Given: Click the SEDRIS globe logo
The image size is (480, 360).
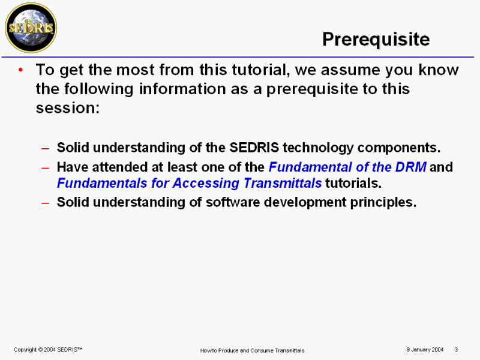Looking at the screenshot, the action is pyautogui.click(x=31, y=28).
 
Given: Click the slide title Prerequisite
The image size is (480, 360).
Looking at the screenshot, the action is pyautogui.click(x=376, y=40).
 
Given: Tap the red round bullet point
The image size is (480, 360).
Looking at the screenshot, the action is pyautogui.click(x=20, y=70).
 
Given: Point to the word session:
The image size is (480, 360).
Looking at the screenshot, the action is pyautogui.click(x=68, y=108).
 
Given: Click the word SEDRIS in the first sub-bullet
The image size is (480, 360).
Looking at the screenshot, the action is pyautogui.click(x=254, y=148).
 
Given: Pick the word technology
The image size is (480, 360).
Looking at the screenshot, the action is pyautogui.click(x=318, y=148).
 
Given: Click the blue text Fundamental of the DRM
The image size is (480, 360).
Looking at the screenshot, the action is pyautogui.click(x=347, y=167).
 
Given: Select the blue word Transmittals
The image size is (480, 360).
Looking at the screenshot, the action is pyautogui.click(x=283, y=183).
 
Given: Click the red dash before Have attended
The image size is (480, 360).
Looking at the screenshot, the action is pyautogui.click(x=46, y=168).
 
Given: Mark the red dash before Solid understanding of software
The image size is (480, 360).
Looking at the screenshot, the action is pyautogui.click(x=46, y=203).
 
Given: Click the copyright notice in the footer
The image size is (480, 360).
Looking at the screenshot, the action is pyautogui.click(x=48, y=350).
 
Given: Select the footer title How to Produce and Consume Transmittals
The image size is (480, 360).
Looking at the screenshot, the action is pyautogui.click(x=252, y=350).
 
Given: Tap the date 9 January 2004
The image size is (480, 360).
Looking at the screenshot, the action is pyautogui.click(x=425, y=350).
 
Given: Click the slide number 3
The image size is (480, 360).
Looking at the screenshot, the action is pyautogui.click(x=456, y=350).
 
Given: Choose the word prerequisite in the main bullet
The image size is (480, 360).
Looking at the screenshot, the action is pyautogui.click(x=312, y=89).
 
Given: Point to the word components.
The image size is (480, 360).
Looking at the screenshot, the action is pyautogui.click(x=399, y=148).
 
